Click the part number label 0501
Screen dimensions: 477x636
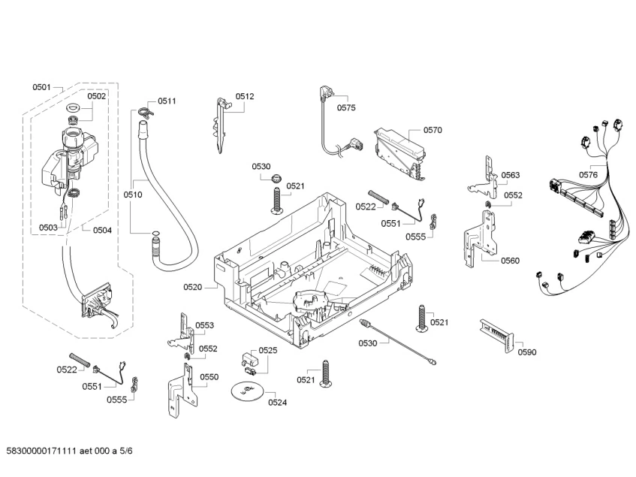pos(41,88)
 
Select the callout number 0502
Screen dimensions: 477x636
pos(96,96)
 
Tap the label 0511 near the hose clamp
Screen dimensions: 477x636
pos(167,101)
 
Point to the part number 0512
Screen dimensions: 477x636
pos(245,96)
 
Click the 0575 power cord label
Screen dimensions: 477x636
pos(346,107)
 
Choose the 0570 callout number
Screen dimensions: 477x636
pos(433,130)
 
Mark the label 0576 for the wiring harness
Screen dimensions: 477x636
pos(589,175)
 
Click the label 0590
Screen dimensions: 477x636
pos(528,352)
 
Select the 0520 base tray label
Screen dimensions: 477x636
pos(193,286)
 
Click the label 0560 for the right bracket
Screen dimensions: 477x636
pos(510,261)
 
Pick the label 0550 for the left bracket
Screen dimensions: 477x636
pos(209,377)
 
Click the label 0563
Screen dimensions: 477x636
pos(511,175)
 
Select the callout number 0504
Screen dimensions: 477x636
pos(102,230)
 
